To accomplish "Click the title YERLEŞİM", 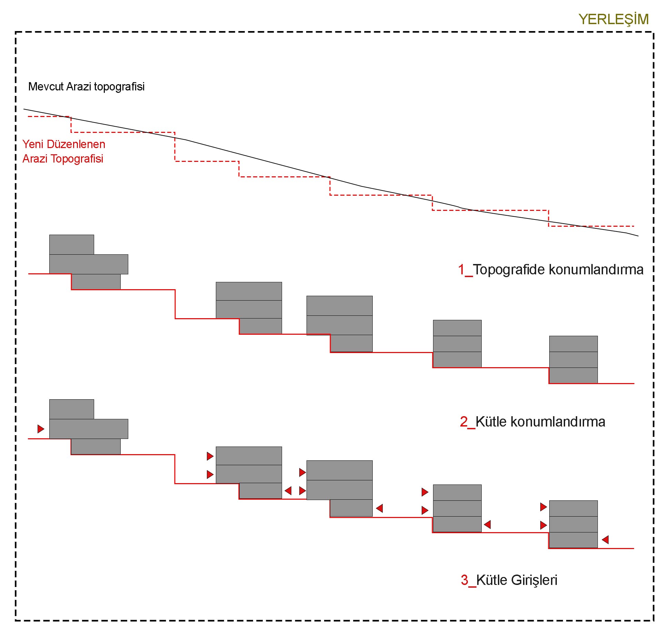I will coord(613,19).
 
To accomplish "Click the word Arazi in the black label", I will coord(79,86).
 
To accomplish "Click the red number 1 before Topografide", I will coord(461,270).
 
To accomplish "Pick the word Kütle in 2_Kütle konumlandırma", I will coord(491,422).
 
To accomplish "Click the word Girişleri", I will coord(534,580).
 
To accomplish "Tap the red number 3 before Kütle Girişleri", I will coord(464,580).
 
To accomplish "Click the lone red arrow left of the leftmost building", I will coord(41,429).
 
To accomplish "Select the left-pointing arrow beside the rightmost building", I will coord(605,540).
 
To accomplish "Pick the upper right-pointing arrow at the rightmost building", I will coord(543,507).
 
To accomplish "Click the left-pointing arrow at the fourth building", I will coord(487,525).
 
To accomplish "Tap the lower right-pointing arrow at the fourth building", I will coord(425,510).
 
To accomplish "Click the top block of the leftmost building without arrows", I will coord(72,245).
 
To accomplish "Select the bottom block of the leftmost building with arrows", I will coord(96,447).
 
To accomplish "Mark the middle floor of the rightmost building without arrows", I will coord(573,360).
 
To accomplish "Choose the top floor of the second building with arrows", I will coord(249,456).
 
